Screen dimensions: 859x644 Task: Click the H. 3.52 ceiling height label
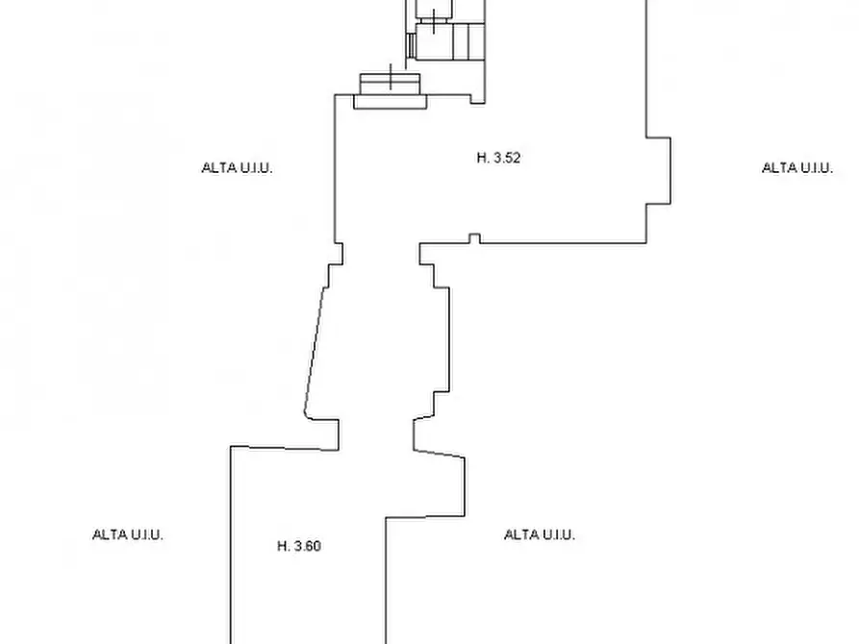pos(498,158)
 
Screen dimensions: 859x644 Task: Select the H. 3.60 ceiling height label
pos(299,546)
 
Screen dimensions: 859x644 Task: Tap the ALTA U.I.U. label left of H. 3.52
pos(238,167)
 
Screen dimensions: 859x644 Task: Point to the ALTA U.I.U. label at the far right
pos(797,167)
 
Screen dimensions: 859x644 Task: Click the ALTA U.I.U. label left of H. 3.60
pos(128,534)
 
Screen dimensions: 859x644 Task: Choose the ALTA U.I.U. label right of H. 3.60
pos(540,534)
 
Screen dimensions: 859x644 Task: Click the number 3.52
pos(507,158)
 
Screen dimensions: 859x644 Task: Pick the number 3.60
pos(307,546)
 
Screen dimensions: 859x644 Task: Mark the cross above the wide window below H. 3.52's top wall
pos(391,77)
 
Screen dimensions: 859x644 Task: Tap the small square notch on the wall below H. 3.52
pos(475,238)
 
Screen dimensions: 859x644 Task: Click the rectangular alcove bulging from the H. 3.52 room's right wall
pos(659,171)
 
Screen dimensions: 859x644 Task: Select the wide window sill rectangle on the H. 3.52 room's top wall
pos(390,102)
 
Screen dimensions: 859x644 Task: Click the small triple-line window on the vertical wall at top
pos(410,45)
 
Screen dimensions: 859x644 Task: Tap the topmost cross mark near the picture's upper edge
pos(434,22)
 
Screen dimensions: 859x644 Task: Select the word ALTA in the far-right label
pos(773,167)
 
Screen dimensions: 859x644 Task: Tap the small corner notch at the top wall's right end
pos(478,99)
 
